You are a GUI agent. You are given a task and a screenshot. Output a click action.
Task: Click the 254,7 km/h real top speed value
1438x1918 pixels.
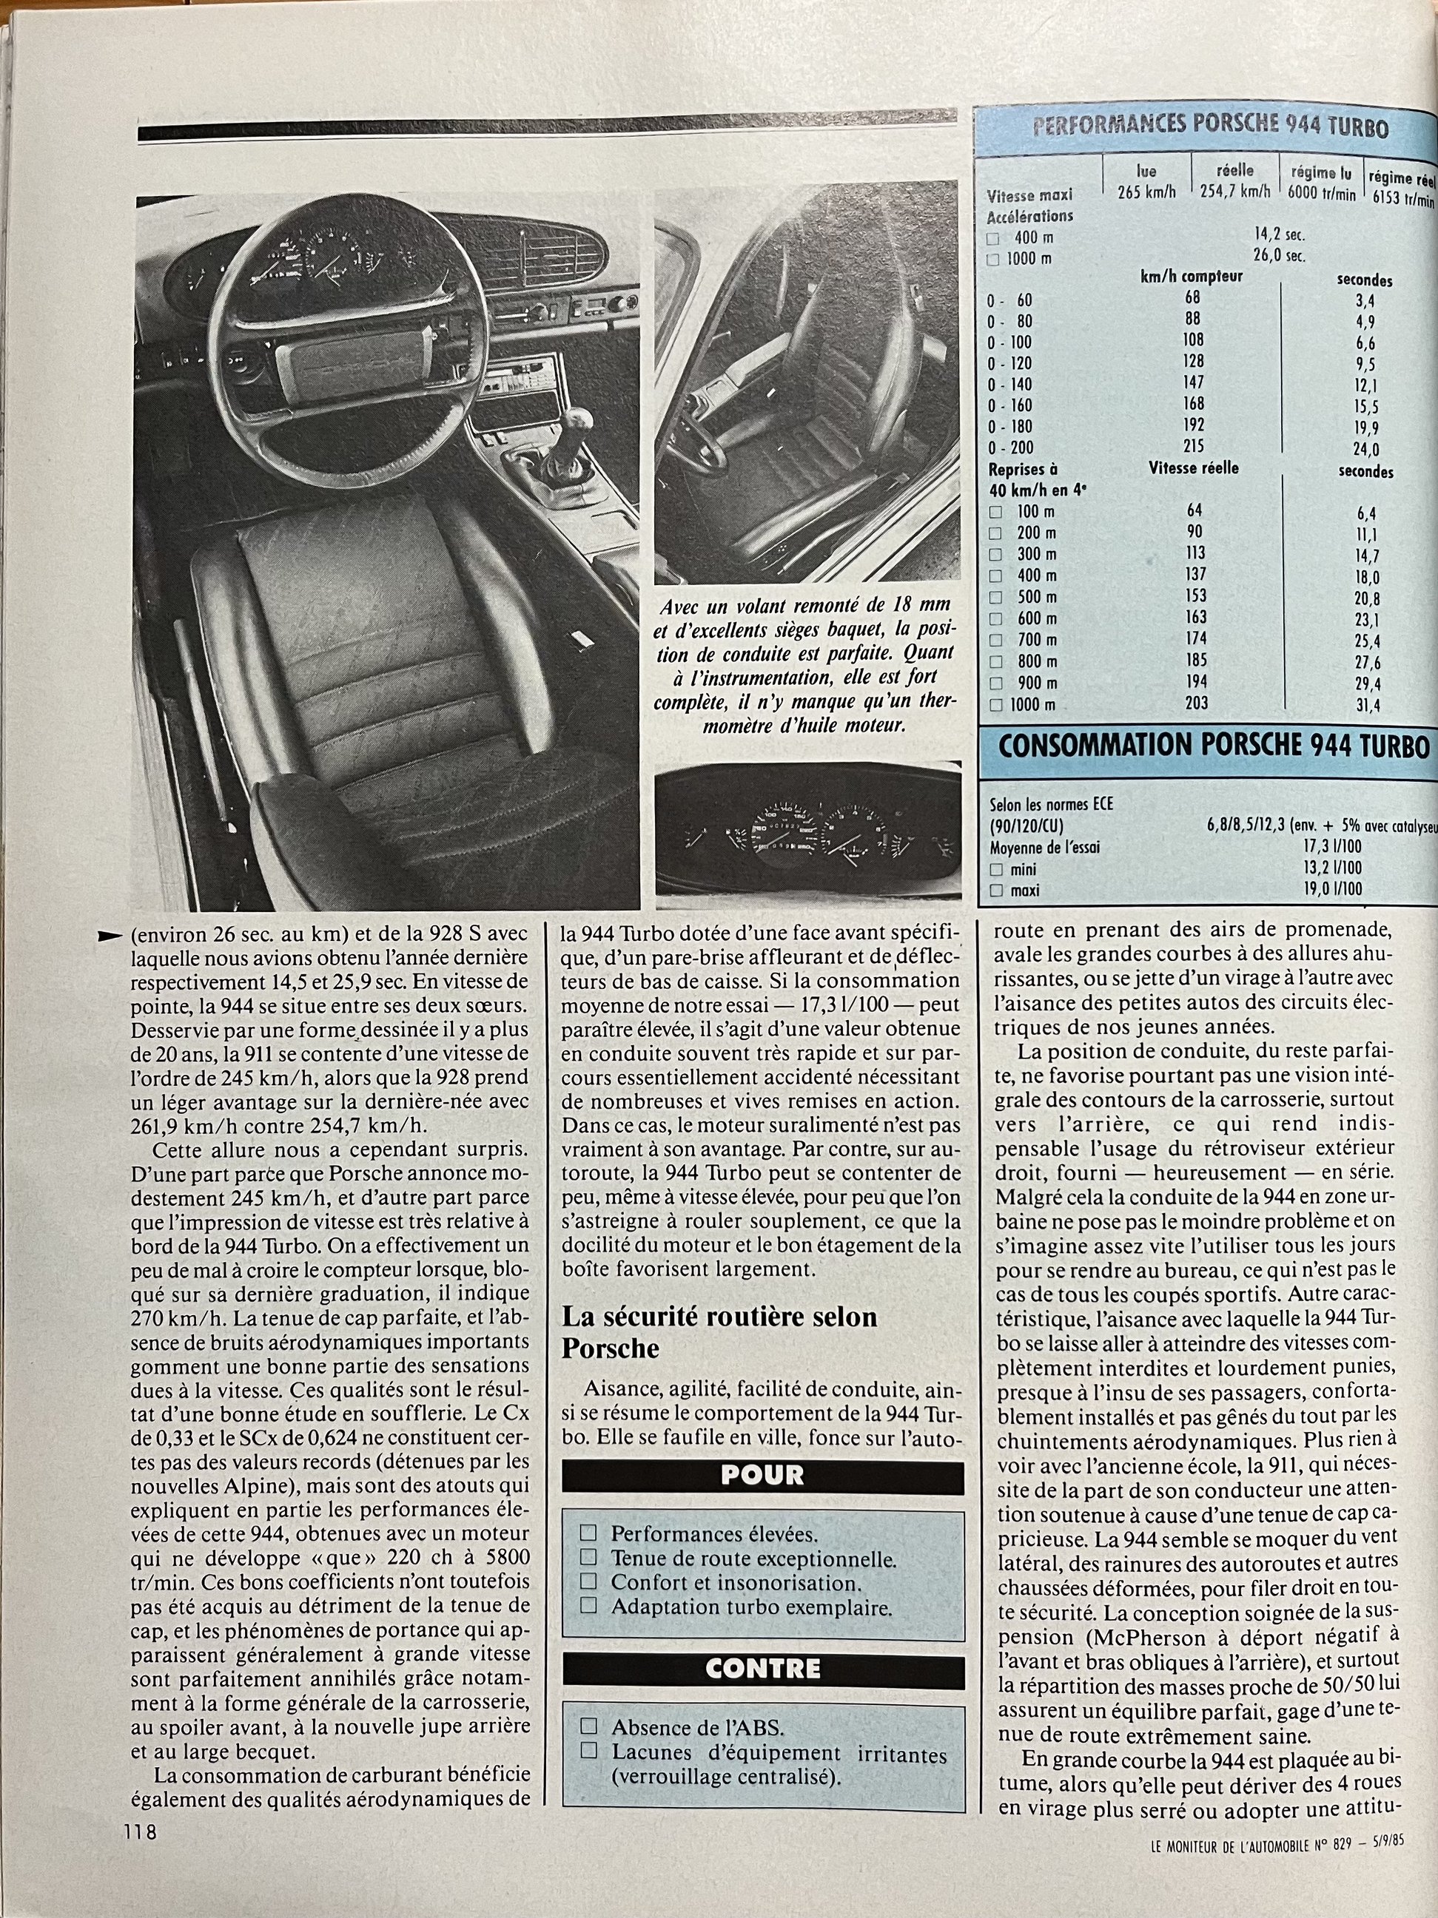coord(1234,192)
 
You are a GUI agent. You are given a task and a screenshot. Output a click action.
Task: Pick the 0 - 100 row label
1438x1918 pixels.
coord(1009,342)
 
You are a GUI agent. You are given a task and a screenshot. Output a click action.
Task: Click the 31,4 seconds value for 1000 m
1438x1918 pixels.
coord(1367,705)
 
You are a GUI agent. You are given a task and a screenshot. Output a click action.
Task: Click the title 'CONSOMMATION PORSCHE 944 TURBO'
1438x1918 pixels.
coord(1212,746)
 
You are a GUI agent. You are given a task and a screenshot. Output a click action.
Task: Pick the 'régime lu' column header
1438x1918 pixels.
coord(1321,173)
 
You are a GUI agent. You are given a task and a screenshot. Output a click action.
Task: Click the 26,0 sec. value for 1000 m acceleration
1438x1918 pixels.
coord(1278,255)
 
